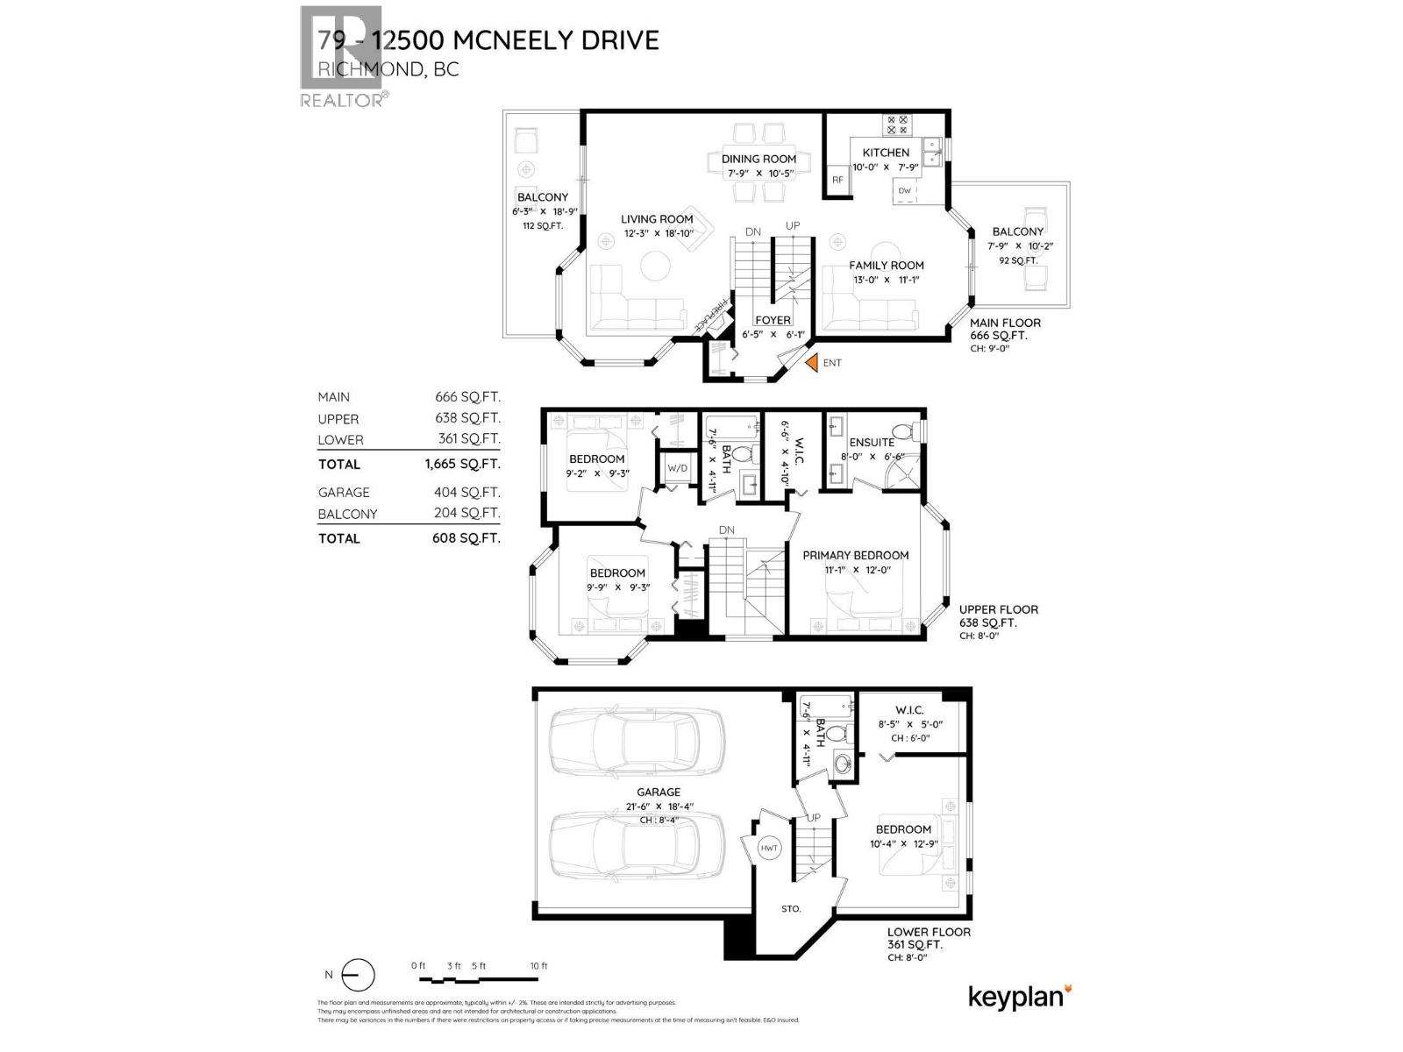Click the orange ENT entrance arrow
pyautogui.click(x=811, y=362)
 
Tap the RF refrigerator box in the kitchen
pyautogui.click(x=837, y=180)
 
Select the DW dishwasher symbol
pyautogui.click(x=905, y=191)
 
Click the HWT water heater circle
pyautogui.click(x=769, y=848)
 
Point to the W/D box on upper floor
pyautogui.click(x=678, y=468)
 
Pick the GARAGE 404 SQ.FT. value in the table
pyautogui.click(x=467, y=493)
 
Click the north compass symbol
pyautogui.click(x=357, y=975)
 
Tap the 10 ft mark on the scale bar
pyautogui.click(x=538, y=966)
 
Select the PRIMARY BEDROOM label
pyautogui.click(x=855, y=555)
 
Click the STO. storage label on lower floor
pyautogui.click(x=791, y=908)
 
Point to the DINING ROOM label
pyautogui.click(x=758, y=159)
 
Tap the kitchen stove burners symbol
pyautogui.click(x=897, y=124)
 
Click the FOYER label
pyautogui.click(x=773, y=320)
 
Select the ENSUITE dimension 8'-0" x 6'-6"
pyautogui.click(x=872, y=456)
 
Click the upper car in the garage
pyautogui.click(x=636, y=743)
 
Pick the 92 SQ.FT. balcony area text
pyautogui.click(x=1018, y=260)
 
